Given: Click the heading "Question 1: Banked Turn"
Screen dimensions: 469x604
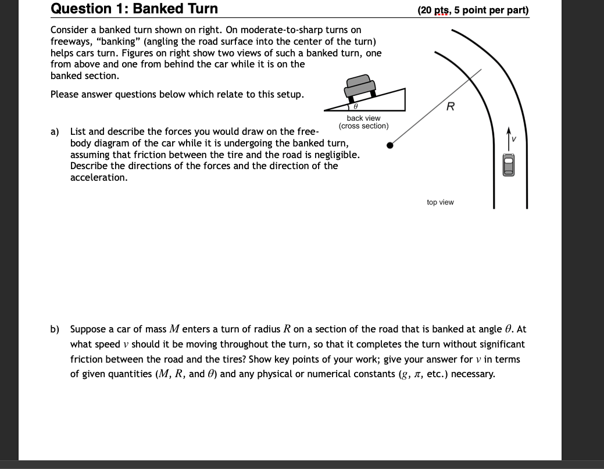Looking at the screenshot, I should pos(134,9).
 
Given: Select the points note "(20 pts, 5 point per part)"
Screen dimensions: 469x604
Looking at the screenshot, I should pos(473,10).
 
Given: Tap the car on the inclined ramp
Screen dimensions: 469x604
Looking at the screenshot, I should pos(359,87).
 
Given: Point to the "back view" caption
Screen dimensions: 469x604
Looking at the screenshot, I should pos(363,118).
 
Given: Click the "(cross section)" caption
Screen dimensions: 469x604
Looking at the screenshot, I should pos(363,126).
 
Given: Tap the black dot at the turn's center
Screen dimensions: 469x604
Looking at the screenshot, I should pos(390,145).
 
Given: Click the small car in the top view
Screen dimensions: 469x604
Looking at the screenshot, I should pos(510,166).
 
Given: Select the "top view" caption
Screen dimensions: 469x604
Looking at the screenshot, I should pos(440,202).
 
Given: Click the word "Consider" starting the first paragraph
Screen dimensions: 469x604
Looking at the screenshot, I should pos(69,30).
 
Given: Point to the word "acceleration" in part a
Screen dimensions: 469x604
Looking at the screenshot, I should pos(98,177).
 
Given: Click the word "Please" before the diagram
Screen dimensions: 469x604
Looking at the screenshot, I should pos(64,94).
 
